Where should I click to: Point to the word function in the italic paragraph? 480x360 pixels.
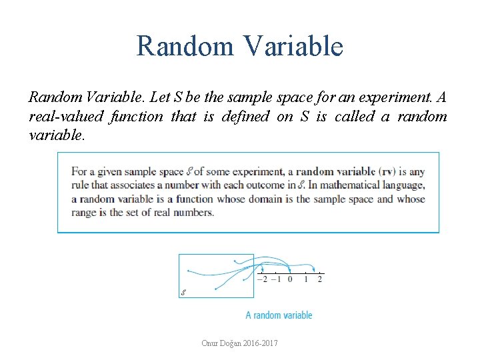pos(136,117)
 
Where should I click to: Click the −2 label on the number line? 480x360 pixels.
pos(261,279)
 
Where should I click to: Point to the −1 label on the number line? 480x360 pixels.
pos(275,279)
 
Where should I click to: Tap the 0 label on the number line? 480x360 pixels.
pos(289,279)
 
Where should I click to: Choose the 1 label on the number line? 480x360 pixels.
pos(305,279)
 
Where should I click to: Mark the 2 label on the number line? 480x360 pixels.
pos(320,279)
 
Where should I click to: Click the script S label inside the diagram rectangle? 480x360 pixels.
pos(183,293)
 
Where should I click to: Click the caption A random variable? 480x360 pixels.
pos(279,315)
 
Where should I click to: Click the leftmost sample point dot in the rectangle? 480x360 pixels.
pos(189,271)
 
